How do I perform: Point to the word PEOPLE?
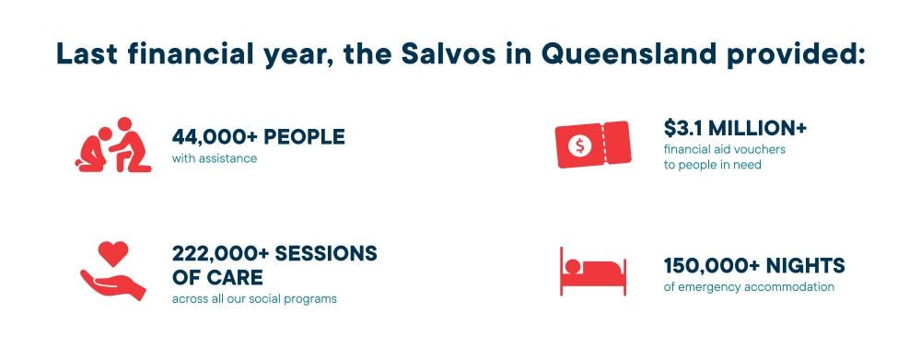point(305,137)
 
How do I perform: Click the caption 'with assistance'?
point(215,158)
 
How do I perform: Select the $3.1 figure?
point(686,126)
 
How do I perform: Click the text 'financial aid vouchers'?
point(725,148)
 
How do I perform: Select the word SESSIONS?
point(328,254)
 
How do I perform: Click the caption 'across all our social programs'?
point(254,298)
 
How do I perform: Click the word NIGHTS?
point(808,266)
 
